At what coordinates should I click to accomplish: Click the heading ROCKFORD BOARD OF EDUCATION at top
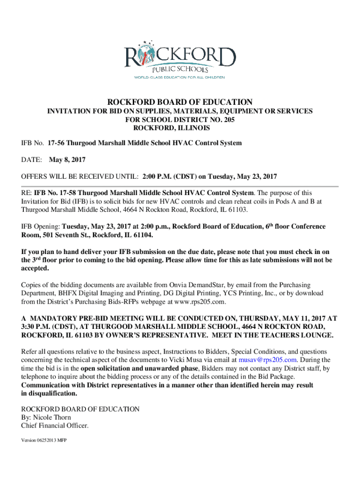click(x=180, y=102)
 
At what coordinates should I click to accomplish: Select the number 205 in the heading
click(x=228, y=120)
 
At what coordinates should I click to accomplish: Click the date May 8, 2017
click(x=67, y=160)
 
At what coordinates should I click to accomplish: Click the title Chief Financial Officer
click(x=54, y=426)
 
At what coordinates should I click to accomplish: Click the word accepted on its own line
click(x=35, y=269)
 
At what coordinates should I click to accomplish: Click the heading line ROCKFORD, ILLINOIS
click(x=172, y=128)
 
